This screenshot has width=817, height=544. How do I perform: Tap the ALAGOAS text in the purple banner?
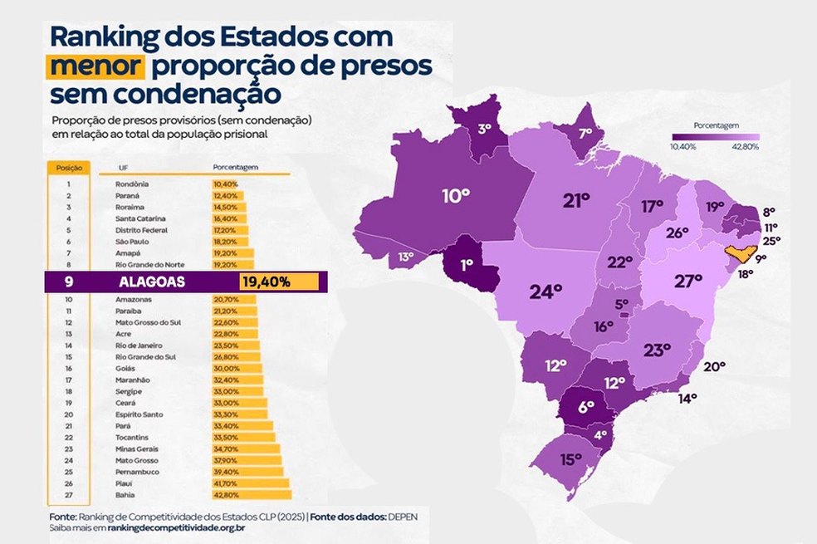coord(152,282)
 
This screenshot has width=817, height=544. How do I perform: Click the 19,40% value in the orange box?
coord(266,282)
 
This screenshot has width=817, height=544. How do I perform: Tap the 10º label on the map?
coord(456,196)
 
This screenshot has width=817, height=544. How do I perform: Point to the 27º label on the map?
coord(688,282)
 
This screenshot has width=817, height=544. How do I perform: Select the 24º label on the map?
coord(545,292)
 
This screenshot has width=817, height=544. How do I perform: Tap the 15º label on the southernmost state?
coord(570,458)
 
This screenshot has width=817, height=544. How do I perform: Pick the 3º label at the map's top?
coord(484,129)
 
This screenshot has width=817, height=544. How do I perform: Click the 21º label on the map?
coord(575,200)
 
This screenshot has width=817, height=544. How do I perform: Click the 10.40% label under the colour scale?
coord(683,147)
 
